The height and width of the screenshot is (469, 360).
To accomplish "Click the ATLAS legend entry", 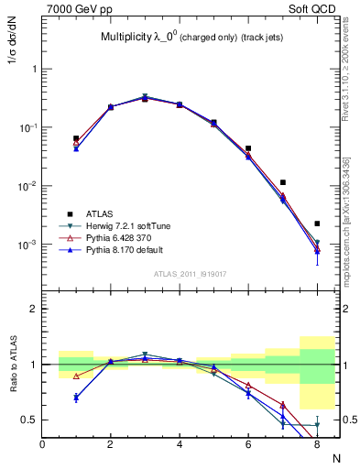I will pyautogui.click(x=98, y=213).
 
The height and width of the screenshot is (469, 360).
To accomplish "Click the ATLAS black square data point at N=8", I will pyautogui.click(x=317, y=224).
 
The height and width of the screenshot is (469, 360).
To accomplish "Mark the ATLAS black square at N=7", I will pyautogui.click(x=283, y=182).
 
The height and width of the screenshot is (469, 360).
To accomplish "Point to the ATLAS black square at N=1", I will pyautogui.click(x=76, y=138).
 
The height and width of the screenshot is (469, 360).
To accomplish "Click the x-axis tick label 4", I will pyautogui.click(x=180, y=443).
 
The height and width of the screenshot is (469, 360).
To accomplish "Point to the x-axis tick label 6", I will pyautogui.click(x=248, y=443).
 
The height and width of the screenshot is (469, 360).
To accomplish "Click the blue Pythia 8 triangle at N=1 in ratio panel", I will pyautogui.click(x=76, y=398).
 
